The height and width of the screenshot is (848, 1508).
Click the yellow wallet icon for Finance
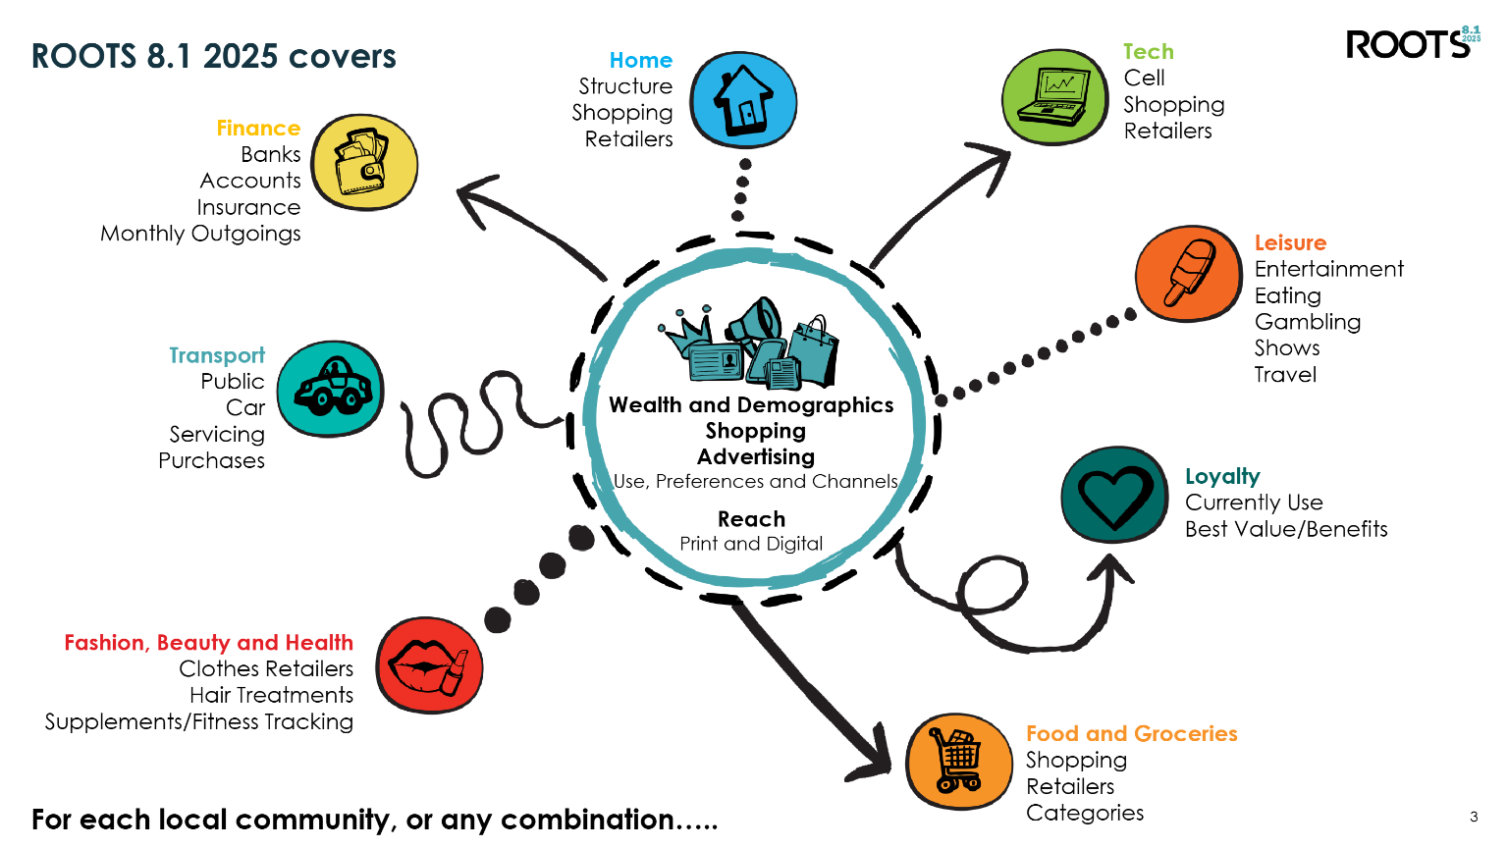click(x=364, y=162)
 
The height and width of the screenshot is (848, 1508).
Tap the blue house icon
click(x=743, y=100)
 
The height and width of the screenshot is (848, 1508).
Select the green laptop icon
click(x=1054, y=97)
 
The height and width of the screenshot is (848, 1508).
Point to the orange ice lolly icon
click(x=1188, y=273)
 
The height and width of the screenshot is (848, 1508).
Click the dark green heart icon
click(x=1114, y=495)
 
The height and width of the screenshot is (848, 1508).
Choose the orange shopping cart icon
click(x=958, y=762)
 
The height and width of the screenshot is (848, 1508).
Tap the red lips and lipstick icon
click(x=429, y=664)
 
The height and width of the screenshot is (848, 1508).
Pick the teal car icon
click(x=331, y=389)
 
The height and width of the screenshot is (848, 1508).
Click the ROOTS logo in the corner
click(x=1412, y=43)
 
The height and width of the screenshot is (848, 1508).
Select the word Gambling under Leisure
click(x=1307, y=322)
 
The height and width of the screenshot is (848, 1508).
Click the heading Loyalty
click(x=1222, y=476)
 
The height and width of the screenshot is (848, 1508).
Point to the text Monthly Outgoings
click(x=200, y=234)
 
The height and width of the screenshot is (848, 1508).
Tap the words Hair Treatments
click(x=271, y=695)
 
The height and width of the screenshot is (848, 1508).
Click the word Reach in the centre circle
click(x=751, y=519)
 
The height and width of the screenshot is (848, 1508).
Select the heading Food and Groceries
click(x=1131, y=733)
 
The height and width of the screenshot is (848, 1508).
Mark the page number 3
click(x=1474, y=817)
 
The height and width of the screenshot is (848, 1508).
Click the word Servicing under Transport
click(x=217, y=434)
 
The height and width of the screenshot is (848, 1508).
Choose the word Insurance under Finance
click(x=248, y=207)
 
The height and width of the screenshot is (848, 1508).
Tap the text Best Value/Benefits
click(x=1286, y=529)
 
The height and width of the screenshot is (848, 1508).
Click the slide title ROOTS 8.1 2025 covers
click(x=214, y=56)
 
